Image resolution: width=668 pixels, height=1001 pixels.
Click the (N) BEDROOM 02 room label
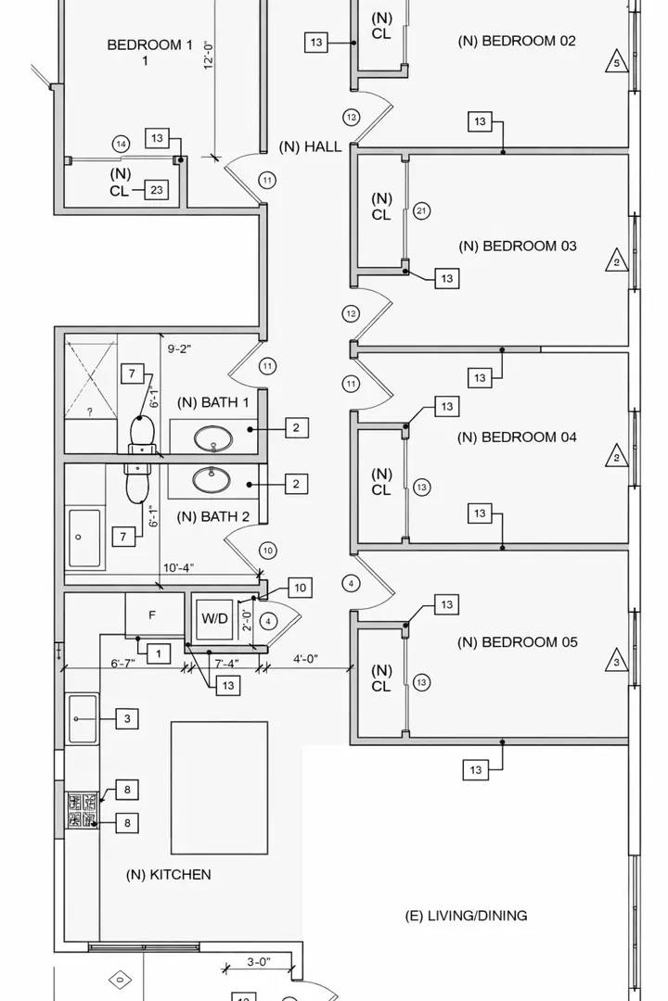[x=517, y=41]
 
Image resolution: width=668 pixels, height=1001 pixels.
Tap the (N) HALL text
[x=310, y=146]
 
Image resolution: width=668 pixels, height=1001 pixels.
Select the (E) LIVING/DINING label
[x=466, y=916]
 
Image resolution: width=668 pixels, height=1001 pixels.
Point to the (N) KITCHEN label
[x=168, y=874]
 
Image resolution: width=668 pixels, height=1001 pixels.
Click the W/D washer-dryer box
[x=215, y=617]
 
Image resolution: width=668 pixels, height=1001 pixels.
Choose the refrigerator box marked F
[x=153, y=615]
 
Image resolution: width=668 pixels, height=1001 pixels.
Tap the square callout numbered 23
[x=157, y=190]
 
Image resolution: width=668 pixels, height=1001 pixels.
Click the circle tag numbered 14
[x=121, y=144]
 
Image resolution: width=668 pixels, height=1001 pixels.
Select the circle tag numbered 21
[x=421, y=211]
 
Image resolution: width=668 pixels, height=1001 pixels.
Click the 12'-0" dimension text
[x=210, y=52]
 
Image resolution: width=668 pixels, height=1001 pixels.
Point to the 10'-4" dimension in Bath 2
[x=178, y=567]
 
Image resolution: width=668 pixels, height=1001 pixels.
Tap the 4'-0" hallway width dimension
[x=305, y=659]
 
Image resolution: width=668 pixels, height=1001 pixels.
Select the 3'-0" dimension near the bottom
[x=258, y=962]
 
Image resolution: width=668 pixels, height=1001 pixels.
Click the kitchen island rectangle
[x=219, y=788]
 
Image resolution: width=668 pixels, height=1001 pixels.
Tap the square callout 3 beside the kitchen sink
[x=128, y=718]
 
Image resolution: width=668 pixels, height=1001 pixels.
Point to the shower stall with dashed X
[x=91, y=380]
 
